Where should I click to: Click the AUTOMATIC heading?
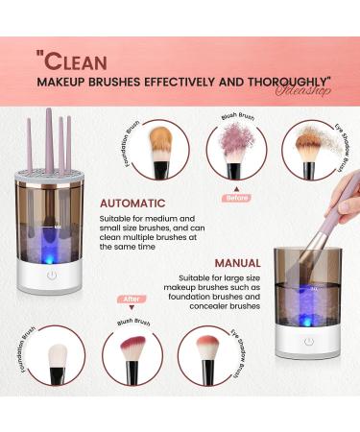[x=132, y=204]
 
